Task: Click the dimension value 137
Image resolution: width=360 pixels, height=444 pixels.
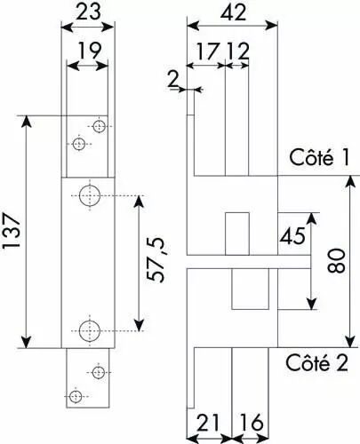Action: [12, 231]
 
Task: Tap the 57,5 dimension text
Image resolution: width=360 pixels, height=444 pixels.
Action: [156, 259]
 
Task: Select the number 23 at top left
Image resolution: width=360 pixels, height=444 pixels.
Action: [89, 12]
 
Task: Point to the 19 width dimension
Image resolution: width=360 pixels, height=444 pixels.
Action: [89, 51]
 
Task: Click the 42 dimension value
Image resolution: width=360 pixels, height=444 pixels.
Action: [233, 12]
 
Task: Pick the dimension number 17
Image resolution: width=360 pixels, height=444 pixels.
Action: [208, 51]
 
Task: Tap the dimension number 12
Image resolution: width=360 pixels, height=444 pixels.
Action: [238, 51]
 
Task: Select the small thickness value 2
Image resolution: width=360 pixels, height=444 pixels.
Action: [173, 80]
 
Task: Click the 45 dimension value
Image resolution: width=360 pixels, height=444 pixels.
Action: [292, 236]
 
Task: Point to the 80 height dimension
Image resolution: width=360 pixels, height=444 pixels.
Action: [337, 260]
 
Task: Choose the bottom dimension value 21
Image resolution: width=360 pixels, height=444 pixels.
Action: [208, 423]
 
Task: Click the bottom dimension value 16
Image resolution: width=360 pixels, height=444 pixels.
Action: [252, 423]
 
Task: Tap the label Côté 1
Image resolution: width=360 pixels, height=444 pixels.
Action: [319, 157]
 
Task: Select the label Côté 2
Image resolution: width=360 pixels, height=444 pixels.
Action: [316, 362]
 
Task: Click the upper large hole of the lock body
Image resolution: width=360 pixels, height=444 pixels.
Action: [90, 195]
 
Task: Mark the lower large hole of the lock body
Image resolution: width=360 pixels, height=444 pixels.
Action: [90, 330]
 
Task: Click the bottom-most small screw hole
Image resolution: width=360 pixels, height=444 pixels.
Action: [76, 396]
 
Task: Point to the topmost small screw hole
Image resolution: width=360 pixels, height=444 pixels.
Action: [99, 126]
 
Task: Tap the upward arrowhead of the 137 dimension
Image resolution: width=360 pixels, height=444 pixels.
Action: [27, 122]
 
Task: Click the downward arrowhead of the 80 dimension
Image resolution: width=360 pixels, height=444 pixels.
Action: [350, 340]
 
